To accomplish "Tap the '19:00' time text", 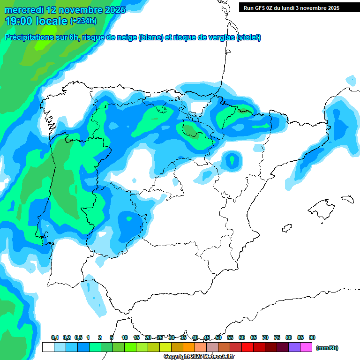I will (x=19, y=21).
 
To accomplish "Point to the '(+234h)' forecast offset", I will (x=83, y=21).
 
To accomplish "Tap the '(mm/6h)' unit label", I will (x=327, y=348).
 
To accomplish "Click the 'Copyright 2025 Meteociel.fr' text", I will (x=199, y=357).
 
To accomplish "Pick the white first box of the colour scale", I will (x=48, y=347).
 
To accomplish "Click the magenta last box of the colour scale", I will (x=306, y=347).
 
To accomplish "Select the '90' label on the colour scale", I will (x=312, y=338).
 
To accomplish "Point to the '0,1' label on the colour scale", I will (x=55, y=338).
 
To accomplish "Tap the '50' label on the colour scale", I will (x=218, y=338).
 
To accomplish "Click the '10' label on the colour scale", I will (x=125, y=338).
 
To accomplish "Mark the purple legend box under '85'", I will (x=294, y=347).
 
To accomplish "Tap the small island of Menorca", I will (x=347, y=199).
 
